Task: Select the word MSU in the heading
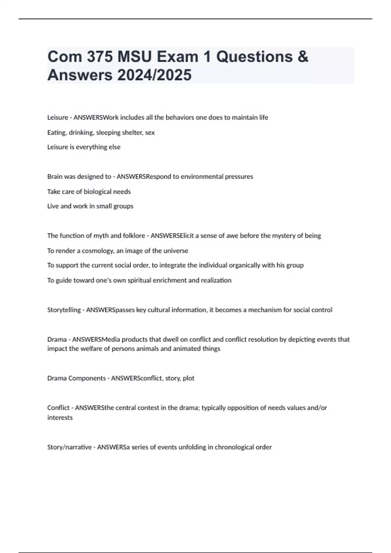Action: [135, 57]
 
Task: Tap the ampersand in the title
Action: [303, 57]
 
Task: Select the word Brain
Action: [55, 177]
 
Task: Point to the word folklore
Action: [134, 236]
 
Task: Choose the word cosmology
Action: [97, 251]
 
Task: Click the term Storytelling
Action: [64, 310]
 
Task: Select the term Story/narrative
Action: [69, 447]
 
